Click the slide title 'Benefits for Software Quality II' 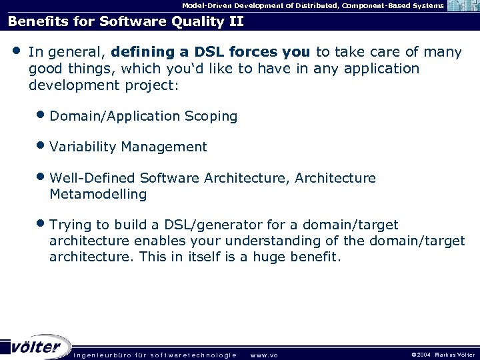[x=125, y=21]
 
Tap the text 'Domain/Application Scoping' [x=143, y=116]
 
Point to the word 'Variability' [x=83, y=147]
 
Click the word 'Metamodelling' [x=98, y=194]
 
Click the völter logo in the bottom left [x=37, y=347]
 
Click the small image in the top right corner [x=464, y=6]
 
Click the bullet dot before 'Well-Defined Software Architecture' [x=43, y=177]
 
